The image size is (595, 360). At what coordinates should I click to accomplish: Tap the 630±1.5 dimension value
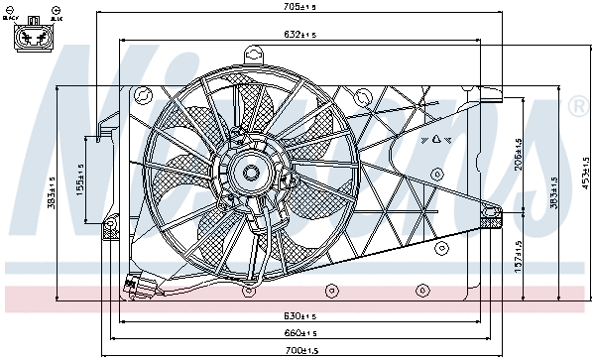click(298, 315)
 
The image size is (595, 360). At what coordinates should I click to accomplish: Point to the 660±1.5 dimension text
click(298, 333)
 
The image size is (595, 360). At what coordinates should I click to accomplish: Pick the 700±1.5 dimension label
click(298, 351)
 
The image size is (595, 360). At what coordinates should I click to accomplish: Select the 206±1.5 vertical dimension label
click(517, 155)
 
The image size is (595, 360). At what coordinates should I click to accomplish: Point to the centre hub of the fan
click(249, 174)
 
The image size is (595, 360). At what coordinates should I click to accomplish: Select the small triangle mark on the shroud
click(434, 139)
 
